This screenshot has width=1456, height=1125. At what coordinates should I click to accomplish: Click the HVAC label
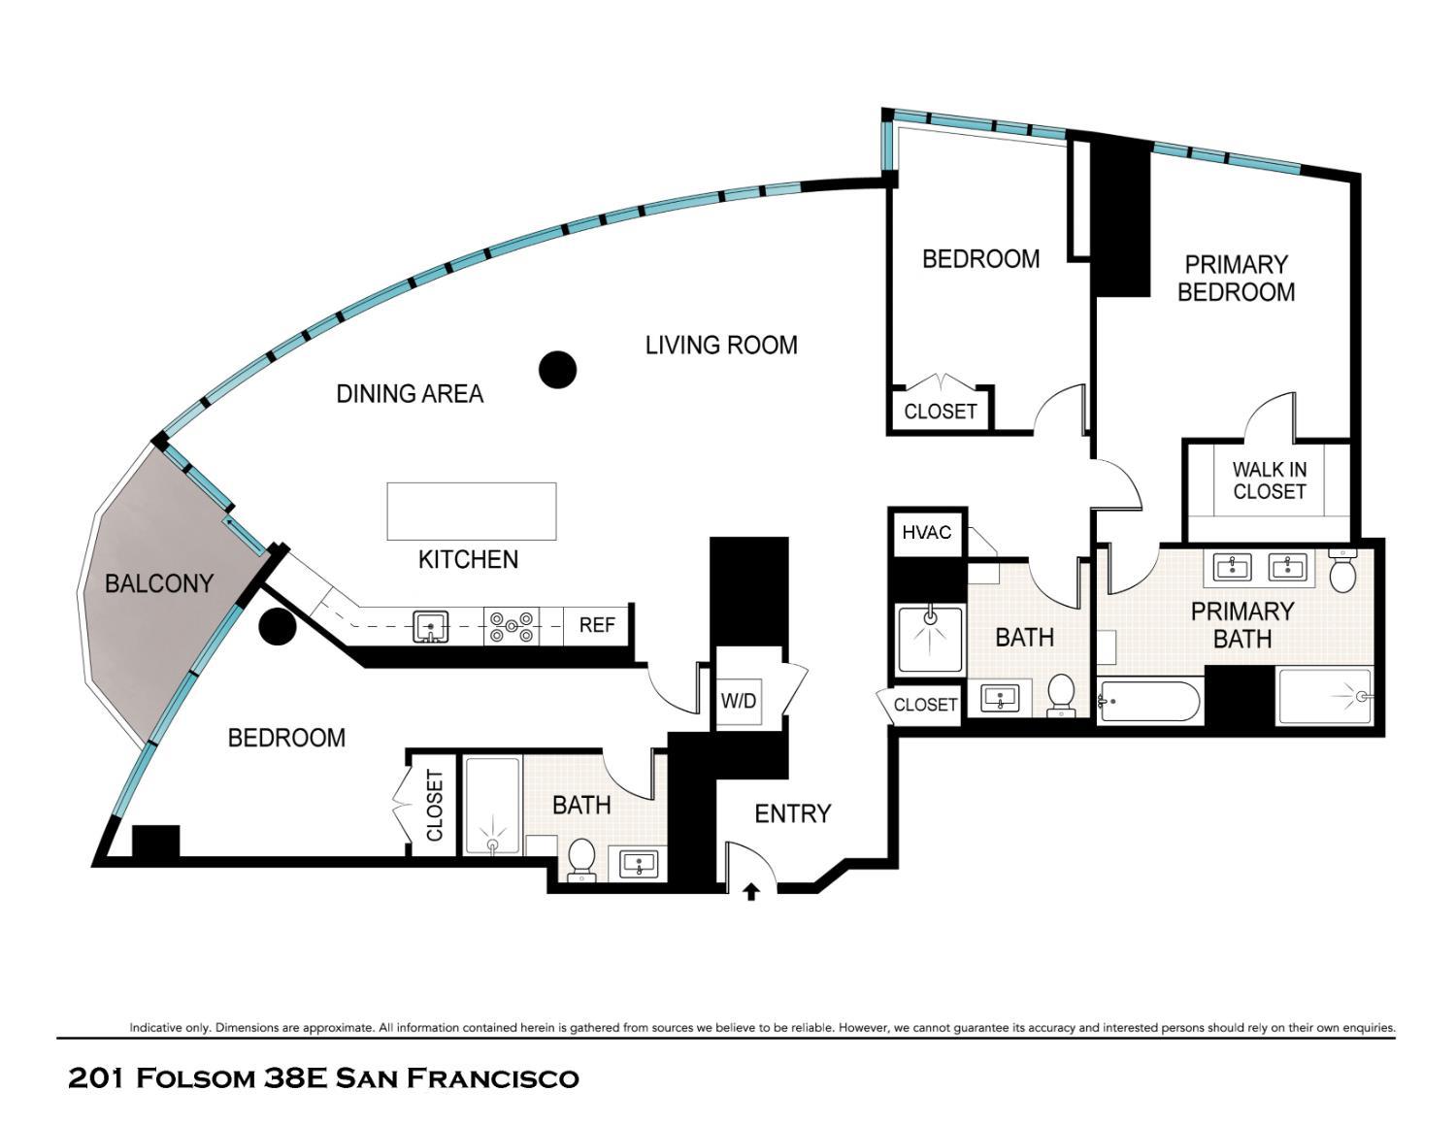[x=926, y=533]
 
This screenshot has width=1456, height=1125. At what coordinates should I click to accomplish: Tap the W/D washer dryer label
[x=738, y=700]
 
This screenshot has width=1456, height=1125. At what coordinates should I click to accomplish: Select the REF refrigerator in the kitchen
[x=597, y=625]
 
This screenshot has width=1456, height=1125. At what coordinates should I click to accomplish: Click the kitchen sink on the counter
[x=429, y=626]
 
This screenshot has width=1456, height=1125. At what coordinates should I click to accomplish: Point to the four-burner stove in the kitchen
[x=512, y=626]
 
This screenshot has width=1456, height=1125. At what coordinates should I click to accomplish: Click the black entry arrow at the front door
[x=750, y=891]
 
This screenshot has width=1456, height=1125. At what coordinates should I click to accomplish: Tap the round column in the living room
[x=558, y=369]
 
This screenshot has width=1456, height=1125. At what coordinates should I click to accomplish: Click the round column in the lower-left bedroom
[x=278, y=626]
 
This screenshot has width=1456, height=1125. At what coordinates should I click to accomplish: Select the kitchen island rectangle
[x=472, y=511]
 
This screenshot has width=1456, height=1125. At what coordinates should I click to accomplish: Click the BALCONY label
[x=158, y=583]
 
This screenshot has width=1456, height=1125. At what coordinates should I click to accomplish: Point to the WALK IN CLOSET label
[x=1270, y=480]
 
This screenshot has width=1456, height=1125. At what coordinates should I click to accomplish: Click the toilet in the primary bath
[x=1342, y=572]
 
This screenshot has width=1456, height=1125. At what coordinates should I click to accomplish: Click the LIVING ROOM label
[x=721, y=345]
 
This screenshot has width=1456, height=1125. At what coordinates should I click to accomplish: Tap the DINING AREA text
[x=410, y=393]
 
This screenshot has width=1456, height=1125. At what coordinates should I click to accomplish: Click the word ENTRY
[x=792, y=813]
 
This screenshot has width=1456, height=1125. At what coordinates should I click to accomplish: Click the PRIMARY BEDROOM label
[x=1236, y=279]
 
